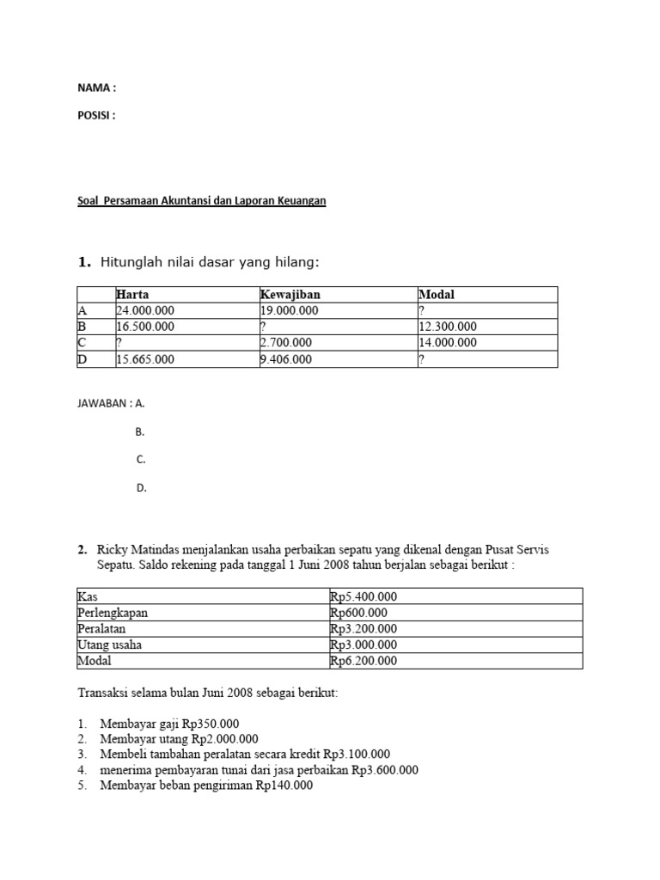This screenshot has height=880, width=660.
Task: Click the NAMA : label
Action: (96, 88)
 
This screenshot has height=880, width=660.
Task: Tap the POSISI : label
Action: (96, 115)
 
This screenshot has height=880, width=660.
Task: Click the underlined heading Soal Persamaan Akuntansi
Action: (202, 201)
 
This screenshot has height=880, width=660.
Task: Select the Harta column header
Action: (132, 295)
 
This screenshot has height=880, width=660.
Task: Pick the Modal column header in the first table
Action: (437, 295)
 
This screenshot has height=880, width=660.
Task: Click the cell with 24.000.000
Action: (145, 311)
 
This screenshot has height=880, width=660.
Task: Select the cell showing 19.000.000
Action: (289, 311)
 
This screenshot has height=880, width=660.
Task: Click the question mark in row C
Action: (119, 343)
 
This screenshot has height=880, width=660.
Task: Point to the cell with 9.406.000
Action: (286, 360)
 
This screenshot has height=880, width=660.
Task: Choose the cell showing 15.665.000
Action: (145, 360)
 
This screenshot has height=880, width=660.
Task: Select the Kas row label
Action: (87, 596)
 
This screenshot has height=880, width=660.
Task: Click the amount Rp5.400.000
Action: (364, 596)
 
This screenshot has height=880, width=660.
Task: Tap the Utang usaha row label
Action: (109, 645)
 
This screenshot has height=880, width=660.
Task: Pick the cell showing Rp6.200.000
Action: (364, 661)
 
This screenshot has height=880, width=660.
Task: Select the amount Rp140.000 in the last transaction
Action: (284, 785)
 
